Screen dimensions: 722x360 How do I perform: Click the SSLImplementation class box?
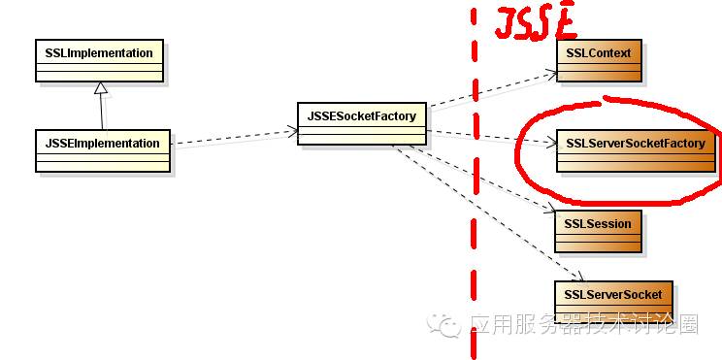(99, 61)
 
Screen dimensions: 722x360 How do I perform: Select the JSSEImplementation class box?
(103, 151)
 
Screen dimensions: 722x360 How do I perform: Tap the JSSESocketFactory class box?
(361, 123)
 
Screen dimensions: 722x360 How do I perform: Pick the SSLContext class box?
(599, 61)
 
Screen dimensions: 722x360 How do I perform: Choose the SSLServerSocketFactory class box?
(636, 151)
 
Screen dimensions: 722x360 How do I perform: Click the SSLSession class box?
(598, 231)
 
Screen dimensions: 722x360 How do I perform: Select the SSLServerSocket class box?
(613, 302)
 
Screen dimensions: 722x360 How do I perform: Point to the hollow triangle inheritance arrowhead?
(100, 88)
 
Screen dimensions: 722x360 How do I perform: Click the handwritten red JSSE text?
(535, 23)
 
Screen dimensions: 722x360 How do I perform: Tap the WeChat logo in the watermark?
(443, 323)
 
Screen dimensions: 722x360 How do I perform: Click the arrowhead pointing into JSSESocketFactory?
(293, 132)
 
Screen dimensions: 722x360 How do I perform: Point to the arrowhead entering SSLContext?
(551, 74)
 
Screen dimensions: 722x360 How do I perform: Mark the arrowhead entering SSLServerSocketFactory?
(551, 144)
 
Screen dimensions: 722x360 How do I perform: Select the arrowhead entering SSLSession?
(550, 210)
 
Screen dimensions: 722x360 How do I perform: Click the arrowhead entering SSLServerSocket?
(579, 277)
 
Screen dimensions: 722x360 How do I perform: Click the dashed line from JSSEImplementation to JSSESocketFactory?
(235, 138)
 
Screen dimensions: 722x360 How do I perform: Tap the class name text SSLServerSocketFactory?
(636, 144)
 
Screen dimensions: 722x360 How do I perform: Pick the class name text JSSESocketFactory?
(361, 116)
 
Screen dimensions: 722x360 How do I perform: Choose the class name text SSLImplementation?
(99, 53)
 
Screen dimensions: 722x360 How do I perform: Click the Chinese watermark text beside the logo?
(584, 324)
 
